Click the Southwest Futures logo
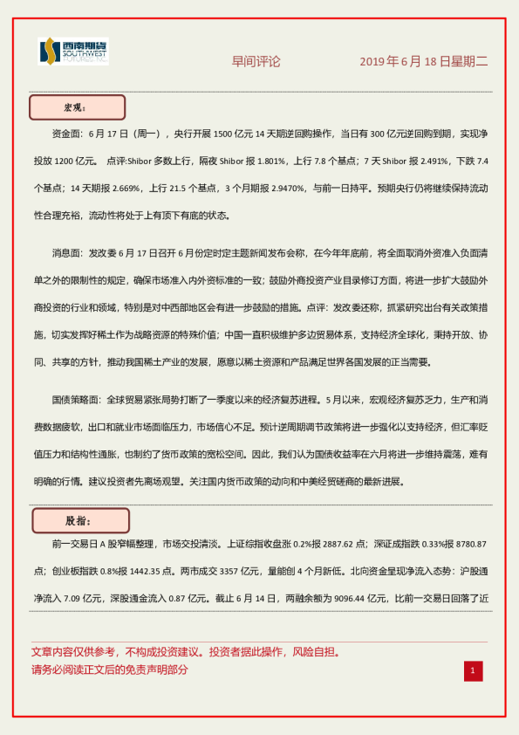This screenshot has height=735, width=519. point(74,52)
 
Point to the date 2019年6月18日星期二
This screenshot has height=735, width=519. point(424,62)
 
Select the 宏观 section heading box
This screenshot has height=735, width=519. point(78,107)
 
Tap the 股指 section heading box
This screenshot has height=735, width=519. point(80,520)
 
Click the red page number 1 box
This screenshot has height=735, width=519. point(472,670)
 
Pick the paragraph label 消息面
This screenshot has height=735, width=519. point(69,253)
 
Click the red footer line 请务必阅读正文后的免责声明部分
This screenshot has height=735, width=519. point(109,670)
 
